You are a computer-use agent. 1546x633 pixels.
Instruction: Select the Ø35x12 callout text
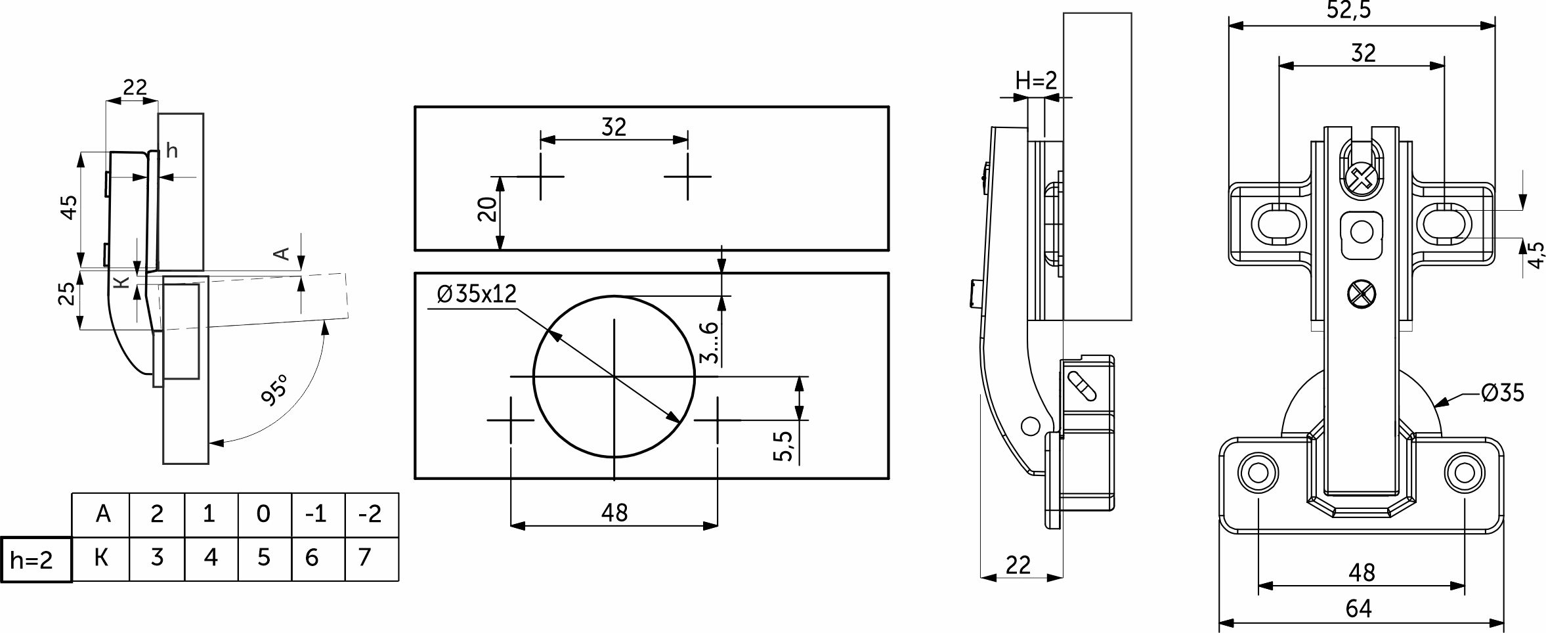pyautogui.click(x=477, y=294)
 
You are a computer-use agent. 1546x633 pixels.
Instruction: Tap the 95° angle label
pyautogui.click(x=274, y=390)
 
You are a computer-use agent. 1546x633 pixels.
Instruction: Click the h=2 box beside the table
pyautogui.click(x=35, y=559)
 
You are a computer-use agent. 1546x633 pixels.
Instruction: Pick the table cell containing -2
pyautogui.click(x=371, y=514)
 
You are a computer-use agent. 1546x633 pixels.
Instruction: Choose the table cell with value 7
pyautogui.click(x=365, y=558)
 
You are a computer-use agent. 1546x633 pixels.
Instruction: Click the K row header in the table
pyautogui.click(x=101, y=558)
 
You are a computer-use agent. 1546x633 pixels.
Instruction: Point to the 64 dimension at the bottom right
pyautogui.click(x=1358, y=609)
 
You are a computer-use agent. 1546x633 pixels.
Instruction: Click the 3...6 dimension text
pyautogui.click(x=710, y=342)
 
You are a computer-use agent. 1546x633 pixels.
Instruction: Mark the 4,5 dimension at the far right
pyautogui.click(x=1536, y=255)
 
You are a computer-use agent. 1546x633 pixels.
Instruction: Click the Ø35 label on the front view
pyautogui.click(x=1502, y=393)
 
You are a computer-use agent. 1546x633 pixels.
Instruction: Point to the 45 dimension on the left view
pyautogui.click(x=68, y=207)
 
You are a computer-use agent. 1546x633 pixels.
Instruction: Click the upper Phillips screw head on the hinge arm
pyautogui.click(x=1360, y=178)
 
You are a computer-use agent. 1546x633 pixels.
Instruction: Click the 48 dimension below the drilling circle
pyautogui.click(x=614, y=513)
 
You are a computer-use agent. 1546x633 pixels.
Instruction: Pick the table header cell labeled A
pyautogui.click(x=102, y=514)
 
